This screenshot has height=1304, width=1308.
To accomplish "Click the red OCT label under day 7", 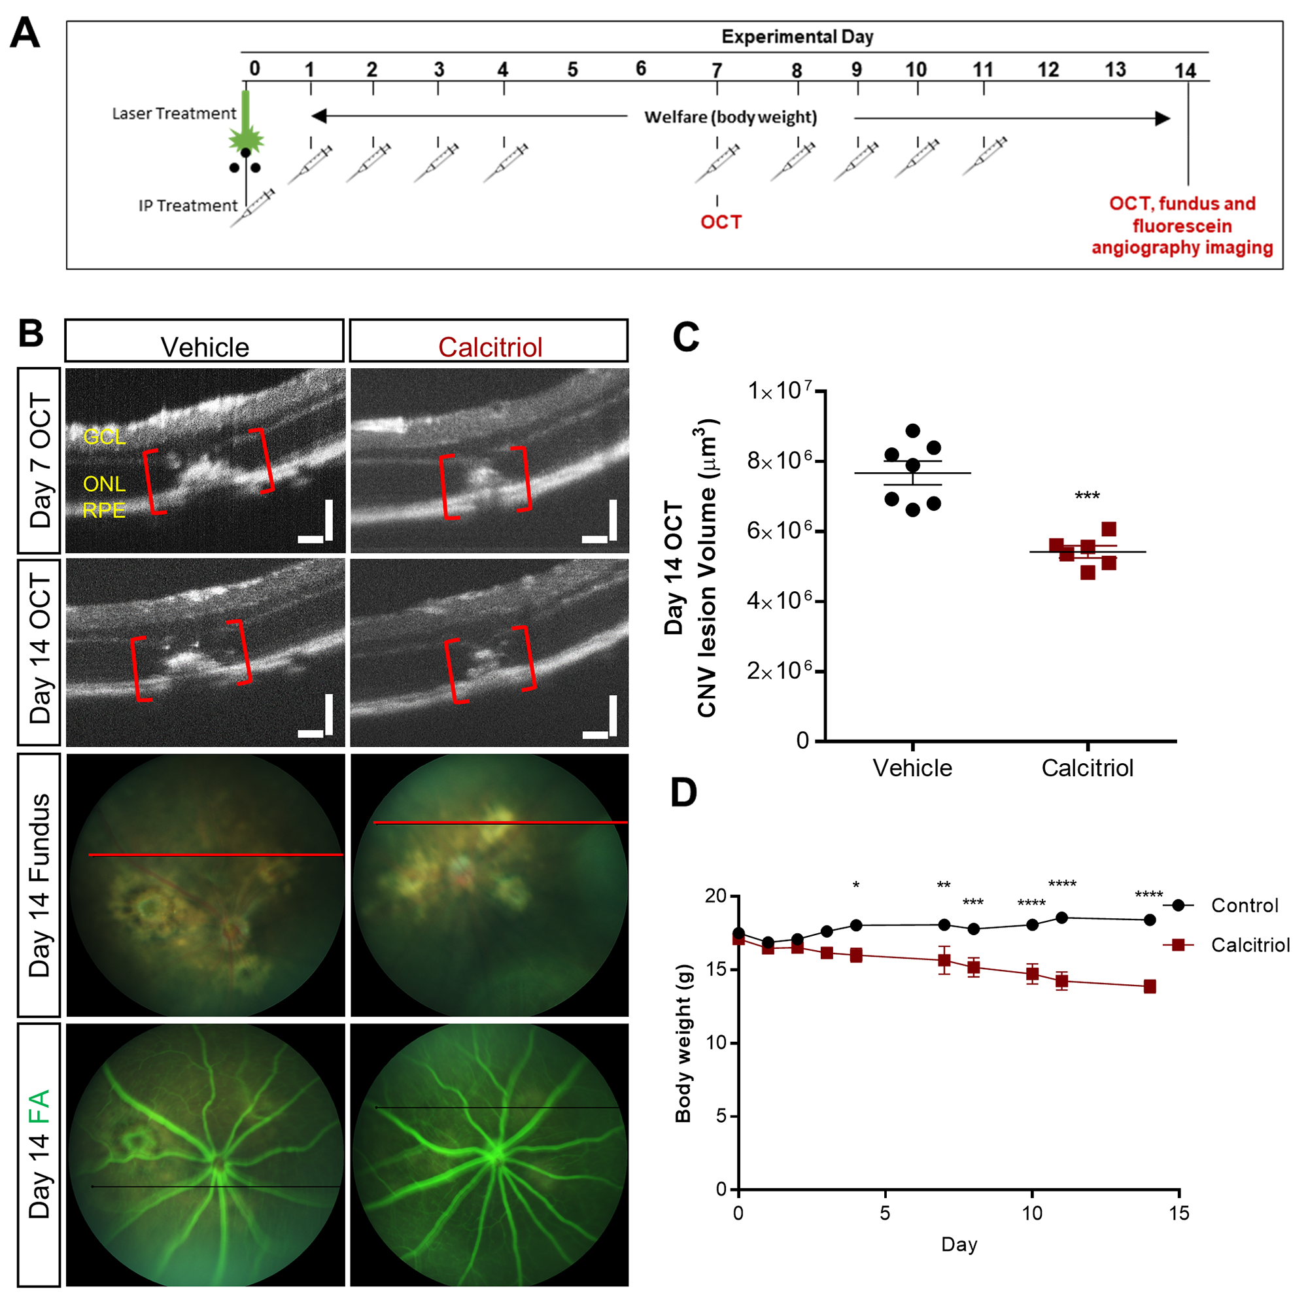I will tap(720, 222).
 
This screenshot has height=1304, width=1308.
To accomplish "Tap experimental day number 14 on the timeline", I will tap(1185, 71).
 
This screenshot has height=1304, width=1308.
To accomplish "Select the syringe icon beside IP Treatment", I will tap(252, 208).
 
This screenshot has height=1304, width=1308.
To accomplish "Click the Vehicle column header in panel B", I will tap(205, 347).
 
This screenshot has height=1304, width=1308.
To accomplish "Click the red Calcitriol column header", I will tap(489, 347).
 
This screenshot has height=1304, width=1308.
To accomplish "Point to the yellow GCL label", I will tap(104, 437).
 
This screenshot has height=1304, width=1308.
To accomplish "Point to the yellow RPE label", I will tap(104, 510).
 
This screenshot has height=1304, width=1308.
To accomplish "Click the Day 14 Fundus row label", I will tap(39, 885).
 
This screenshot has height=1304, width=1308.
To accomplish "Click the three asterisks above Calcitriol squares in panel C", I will tap(1086, 496).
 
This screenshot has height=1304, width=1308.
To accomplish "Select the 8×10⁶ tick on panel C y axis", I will tap(778, 462).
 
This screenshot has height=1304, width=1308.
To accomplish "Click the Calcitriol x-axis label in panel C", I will tap(1086, 768).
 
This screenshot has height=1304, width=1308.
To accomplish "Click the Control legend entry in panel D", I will tap(1244, 906).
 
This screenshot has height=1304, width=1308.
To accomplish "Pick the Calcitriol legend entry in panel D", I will tap(1250, 945).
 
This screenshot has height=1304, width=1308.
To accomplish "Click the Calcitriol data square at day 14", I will tap(1149, 986).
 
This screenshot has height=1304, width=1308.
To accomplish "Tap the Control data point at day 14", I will tap(1149, 919).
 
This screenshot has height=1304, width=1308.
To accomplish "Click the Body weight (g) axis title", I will tap(683, 1043).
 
